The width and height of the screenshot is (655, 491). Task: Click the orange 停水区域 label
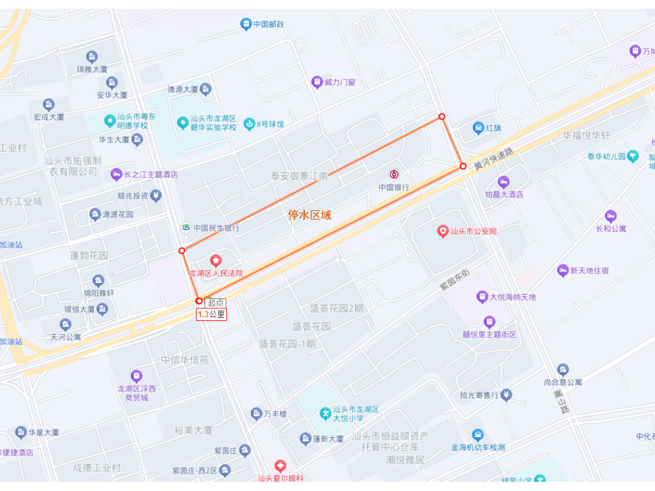click(309, 215)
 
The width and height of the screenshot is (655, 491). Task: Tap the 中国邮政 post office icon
click(246, 24)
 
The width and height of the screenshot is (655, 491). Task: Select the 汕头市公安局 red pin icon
click(442, 231)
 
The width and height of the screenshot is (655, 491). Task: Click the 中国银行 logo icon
click(394, 175)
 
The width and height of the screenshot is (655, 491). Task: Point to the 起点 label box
click(215, 303)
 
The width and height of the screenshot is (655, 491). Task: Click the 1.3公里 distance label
click(211, 314)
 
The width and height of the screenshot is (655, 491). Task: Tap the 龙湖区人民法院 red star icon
click(215, 260)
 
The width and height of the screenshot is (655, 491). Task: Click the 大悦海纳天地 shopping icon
click(482, 297)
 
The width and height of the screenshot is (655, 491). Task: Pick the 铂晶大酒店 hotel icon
click(503, 181)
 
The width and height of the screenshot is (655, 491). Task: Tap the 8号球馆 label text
click(270, 124)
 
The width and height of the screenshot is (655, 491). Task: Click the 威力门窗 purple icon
click(317, 82)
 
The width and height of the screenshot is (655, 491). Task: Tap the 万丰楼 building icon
click(256, 414)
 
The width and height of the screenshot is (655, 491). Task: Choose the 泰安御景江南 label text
click(299, 176)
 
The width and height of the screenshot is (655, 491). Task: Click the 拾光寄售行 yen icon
click(507, 395)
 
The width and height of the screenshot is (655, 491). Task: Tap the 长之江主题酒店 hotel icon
click(116, 175)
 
